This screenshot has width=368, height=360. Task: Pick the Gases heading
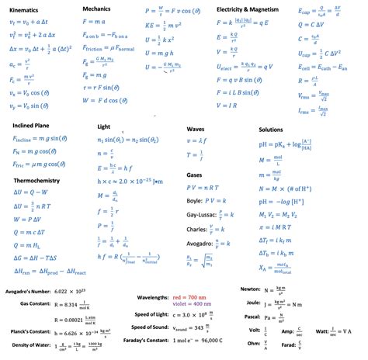195,175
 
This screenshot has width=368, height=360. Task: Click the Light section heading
103,126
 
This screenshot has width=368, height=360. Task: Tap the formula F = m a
93,22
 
